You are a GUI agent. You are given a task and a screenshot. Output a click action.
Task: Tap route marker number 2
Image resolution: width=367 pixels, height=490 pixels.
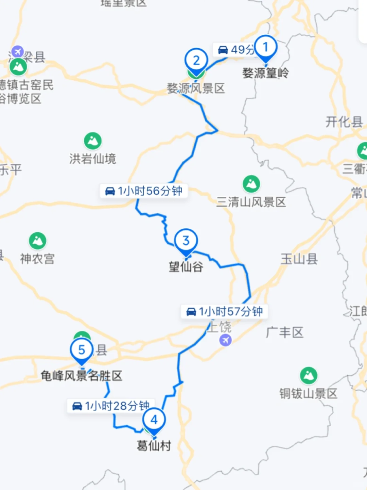[196, 61]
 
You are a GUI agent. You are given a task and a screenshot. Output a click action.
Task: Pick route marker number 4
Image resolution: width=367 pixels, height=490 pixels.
[154, 420]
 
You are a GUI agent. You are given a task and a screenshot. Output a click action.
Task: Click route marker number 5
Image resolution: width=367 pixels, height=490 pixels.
[82, 350]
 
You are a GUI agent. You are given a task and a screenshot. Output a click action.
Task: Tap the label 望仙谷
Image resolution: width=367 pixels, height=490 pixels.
[186, 266]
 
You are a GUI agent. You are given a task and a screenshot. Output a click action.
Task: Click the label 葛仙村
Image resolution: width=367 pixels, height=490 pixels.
[154, 445]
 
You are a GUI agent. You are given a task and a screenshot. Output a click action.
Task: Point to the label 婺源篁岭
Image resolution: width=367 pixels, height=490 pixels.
[265, 73]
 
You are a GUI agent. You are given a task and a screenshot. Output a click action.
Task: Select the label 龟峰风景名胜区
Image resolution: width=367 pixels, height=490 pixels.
[82, 376]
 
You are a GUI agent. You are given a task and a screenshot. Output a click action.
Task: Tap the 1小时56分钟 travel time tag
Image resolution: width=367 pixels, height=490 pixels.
[144, 191]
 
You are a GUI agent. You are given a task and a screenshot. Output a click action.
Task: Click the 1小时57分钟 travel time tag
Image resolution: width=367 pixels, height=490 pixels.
[225, 311]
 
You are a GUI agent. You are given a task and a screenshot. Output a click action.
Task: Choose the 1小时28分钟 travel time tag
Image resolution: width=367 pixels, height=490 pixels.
[111, 406]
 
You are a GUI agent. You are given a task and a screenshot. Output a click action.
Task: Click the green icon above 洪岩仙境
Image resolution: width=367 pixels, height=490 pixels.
[93, 141]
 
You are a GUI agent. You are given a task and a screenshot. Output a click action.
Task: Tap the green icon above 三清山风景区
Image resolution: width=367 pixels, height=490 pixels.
[251, 184]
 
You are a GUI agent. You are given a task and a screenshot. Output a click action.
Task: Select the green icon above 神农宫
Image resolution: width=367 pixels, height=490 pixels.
[37, 241]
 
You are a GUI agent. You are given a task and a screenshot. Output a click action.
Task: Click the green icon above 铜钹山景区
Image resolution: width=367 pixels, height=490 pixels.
[309, 375]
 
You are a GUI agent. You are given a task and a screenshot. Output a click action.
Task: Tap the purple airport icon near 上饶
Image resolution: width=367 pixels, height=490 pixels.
[225, 340]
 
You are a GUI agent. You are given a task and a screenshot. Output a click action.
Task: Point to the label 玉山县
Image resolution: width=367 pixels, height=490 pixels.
[299, 259]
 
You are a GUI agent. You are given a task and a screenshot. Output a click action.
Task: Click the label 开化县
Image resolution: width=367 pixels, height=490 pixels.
[344, 122]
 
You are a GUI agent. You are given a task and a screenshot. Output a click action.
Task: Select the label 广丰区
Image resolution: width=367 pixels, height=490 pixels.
[285, 332]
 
